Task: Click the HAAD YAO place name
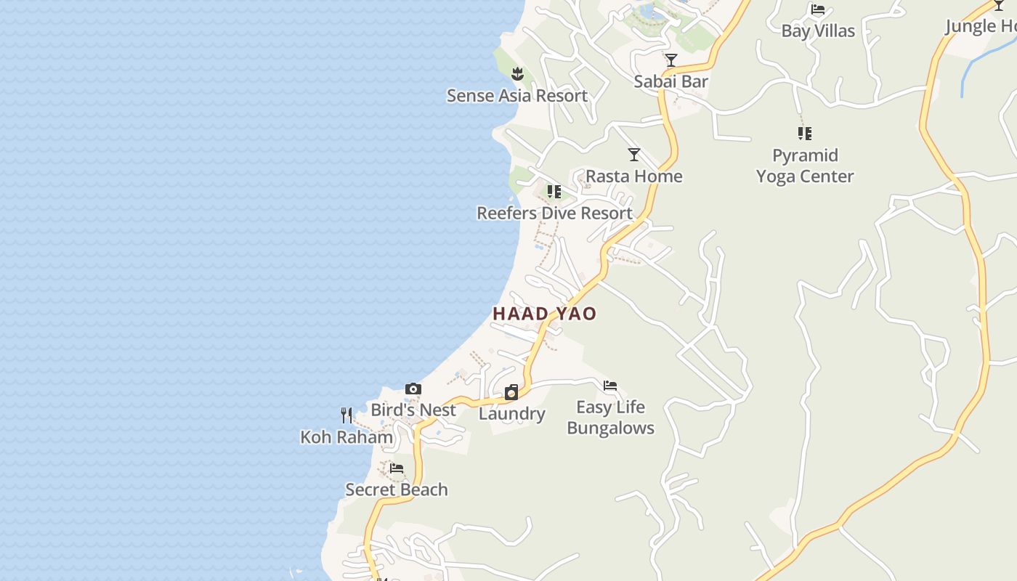point(544,314)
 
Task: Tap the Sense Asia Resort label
point(516,95)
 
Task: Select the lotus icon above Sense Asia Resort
point(517,73)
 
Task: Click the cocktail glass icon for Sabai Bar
point(670,60)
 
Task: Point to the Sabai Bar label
point(670,81)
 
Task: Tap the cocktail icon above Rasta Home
point(634,155)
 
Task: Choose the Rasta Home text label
point(634,176)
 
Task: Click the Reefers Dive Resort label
point(554,213)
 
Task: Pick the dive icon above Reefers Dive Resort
point(554,192)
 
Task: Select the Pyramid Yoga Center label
point(805,166)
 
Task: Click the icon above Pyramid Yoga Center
point(805,134)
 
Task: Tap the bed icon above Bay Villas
point(818,9)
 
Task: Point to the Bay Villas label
point(818,31)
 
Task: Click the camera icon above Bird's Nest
point(413,389)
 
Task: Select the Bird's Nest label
point(413,410)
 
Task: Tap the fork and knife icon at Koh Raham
point(347,415)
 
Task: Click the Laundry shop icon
point(511,392)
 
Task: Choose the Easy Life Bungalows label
point(610,417)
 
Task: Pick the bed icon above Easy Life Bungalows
point(610,386)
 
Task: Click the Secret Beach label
point(397,489)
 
